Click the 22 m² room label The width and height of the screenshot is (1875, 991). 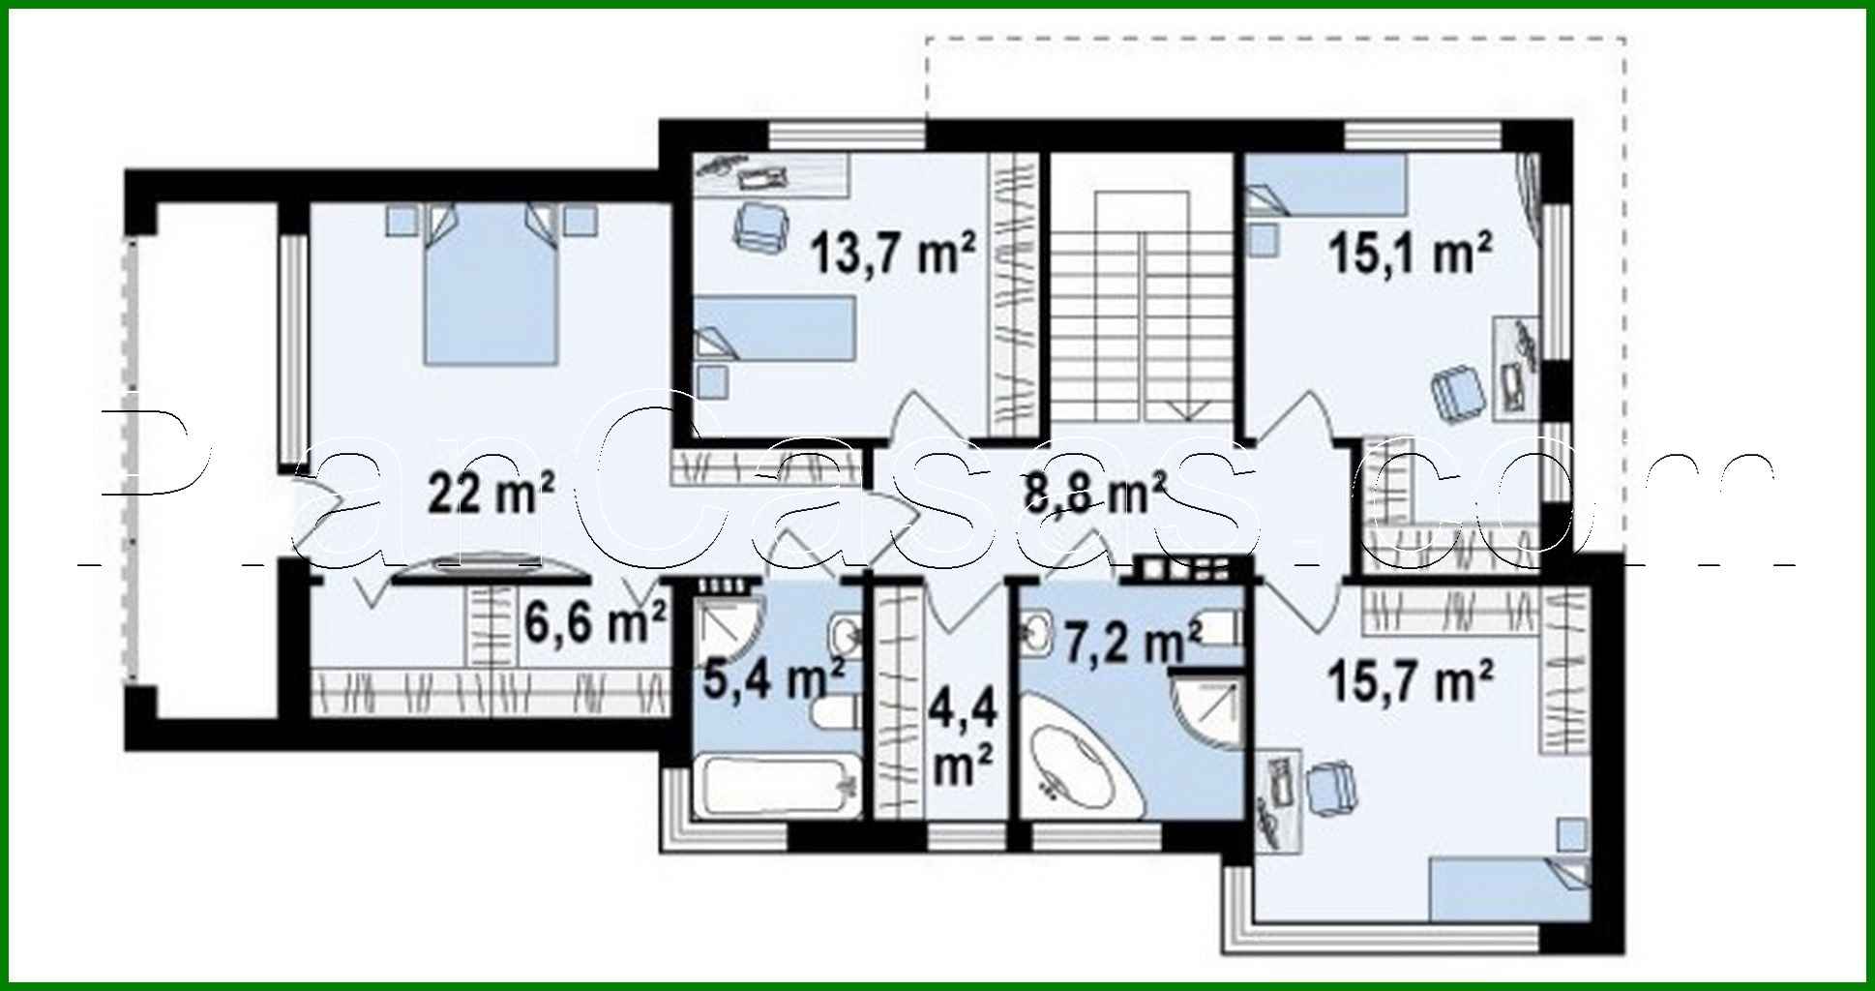tap(491, 496)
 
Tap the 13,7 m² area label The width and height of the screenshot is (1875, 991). tap(892, 254)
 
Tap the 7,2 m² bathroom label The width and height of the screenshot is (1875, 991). tap(1132, 641)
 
